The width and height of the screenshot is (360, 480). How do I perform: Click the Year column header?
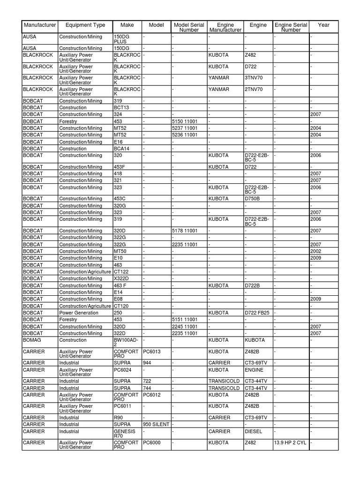[323, 25]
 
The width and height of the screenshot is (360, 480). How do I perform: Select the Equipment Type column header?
[85, 25]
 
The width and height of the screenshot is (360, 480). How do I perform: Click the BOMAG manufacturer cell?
[33, 340]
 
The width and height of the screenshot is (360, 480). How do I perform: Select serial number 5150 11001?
[185, 121]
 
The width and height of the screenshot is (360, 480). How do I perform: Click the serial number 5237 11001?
[185, 128]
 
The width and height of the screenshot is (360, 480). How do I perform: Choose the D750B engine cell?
[254, 199]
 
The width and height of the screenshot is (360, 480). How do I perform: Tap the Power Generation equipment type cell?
[78, 313]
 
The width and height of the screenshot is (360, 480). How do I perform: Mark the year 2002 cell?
[315, 251]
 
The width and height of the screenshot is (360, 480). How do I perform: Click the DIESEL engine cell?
[253, 431]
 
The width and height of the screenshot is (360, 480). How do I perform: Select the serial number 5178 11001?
[185, 231]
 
